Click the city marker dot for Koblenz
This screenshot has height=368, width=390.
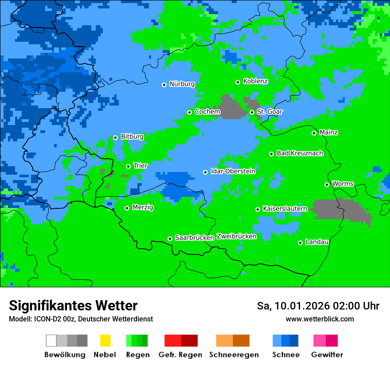(x=238, y=82)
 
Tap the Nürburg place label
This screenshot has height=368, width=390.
(x=182, y=84)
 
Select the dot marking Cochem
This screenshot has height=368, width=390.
(x=190, y=112)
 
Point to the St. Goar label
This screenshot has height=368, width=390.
(x=269, y=112)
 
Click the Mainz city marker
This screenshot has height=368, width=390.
(x=314, y=133)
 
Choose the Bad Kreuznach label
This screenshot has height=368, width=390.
(x=300, y=153)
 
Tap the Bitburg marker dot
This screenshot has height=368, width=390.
(x=116, y=137)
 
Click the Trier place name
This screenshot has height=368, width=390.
(x=140, y=166)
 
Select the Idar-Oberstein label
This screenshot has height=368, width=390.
(x=233, y=172)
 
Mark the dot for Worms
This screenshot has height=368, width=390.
(x=327, y=184)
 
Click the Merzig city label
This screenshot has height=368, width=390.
(x=143, y=207)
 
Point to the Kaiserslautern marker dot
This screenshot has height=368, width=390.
(x=258, y=209)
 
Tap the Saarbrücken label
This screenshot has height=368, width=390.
(x=195, y=238)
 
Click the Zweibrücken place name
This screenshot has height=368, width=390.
(x=236, y=236)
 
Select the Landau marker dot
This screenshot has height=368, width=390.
(x=300, y=243)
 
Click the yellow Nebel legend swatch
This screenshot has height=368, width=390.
(x=105, y=341)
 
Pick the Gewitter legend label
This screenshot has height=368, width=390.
(x=327, y=355)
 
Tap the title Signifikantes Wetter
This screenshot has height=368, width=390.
(x=73, y=306)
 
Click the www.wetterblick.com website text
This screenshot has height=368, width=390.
(x=320, y=319)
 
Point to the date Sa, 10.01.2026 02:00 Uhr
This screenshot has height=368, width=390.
(x=318, y=306)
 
